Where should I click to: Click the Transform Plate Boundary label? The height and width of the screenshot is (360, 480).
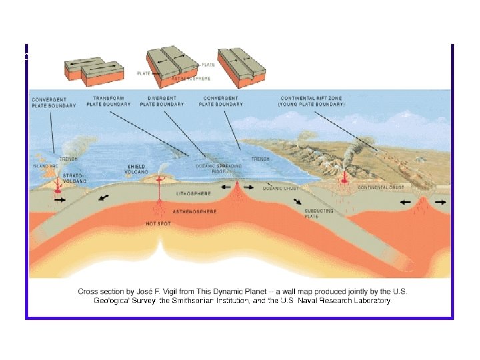[108, 102]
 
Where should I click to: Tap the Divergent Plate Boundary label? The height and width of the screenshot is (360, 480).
[166, 102]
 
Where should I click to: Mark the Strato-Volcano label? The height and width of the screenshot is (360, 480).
[73, 178]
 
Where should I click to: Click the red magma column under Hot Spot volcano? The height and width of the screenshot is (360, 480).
[161, 200]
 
